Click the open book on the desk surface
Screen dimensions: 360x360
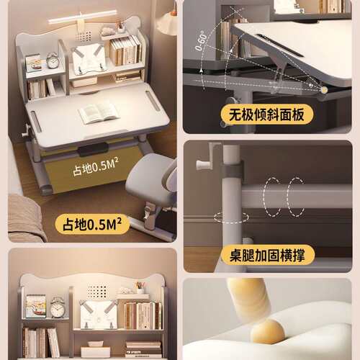[99, 113]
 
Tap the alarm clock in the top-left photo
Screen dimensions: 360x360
[53, 60]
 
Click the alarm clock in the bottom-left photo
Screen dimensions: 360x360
[58, 307]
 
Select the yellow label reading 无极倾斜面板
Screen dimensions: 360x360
[267, 114]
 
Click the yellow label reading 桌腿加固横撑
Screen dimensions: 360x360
[267, 255]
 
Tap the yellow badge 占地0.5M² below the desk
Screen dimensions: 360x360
[92, 224]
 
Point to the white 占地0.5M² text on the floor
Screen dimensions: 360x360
[96, 167]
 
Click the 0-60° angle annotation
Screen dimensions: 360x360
[201, 41]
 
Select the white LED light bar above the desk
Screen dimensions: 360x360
[83, 17]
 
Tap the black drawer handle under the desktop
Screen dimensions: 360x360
[93, 149]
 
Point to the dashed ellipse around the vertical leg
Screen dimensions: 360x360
[231, 217]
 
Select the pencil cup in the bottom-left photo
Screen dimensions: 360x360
[140, 287]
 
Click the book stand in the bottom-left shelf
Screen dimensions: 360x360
[99, 315]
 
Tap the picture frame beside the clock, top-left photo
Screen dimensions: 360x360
[34, 63]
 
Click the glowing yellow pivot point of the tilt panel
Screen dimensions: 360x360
[324, 90]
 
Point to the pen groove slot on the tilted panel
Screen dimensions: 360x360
[279, 45]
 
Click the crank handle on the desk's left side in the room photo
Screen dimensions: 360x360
[27, 131]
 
